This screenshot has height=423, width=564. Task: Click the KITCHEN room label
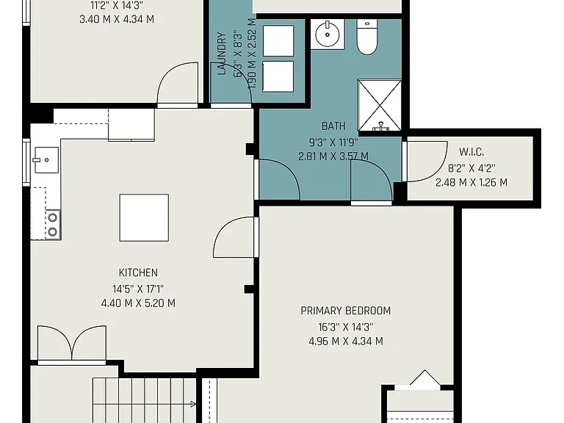[138, 272]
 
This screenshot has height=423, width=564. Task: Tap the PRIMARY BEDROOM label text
[346, 311]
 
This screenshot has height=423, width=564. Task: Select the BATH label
[333, 126]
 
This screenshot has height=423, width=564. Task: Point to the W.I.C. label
[471, 152]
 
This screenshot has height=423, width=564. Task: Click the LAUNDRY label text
[222, 54]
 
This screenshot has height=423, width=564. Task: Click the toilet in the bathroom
[367, 37]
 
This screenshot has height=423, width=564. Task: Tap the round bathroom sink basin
[328, 35]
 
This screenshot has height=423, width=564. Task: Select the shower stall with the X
[380, 105]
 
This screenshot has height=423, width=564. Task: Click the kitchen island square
[144, 217]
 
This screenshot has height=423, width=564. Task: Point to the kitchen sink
[47, 159]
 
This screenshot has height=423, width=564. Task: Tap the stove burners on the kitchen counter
[53, 225]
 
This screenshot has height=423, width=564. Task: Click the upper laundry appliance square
[278, 40]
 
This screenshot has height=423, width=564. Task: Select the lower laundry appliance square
[278, 76]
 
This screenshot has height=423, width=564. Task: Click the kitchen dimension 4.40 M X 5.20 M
[138, 303]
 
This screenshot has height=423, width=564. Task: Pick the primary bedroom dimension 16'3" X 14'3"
[346, 327]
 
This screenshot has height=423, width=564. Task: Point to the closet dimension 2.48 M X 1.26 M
[471, 182]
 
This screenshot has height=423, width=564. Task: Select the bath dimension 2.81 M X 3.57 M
[333, 156]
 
